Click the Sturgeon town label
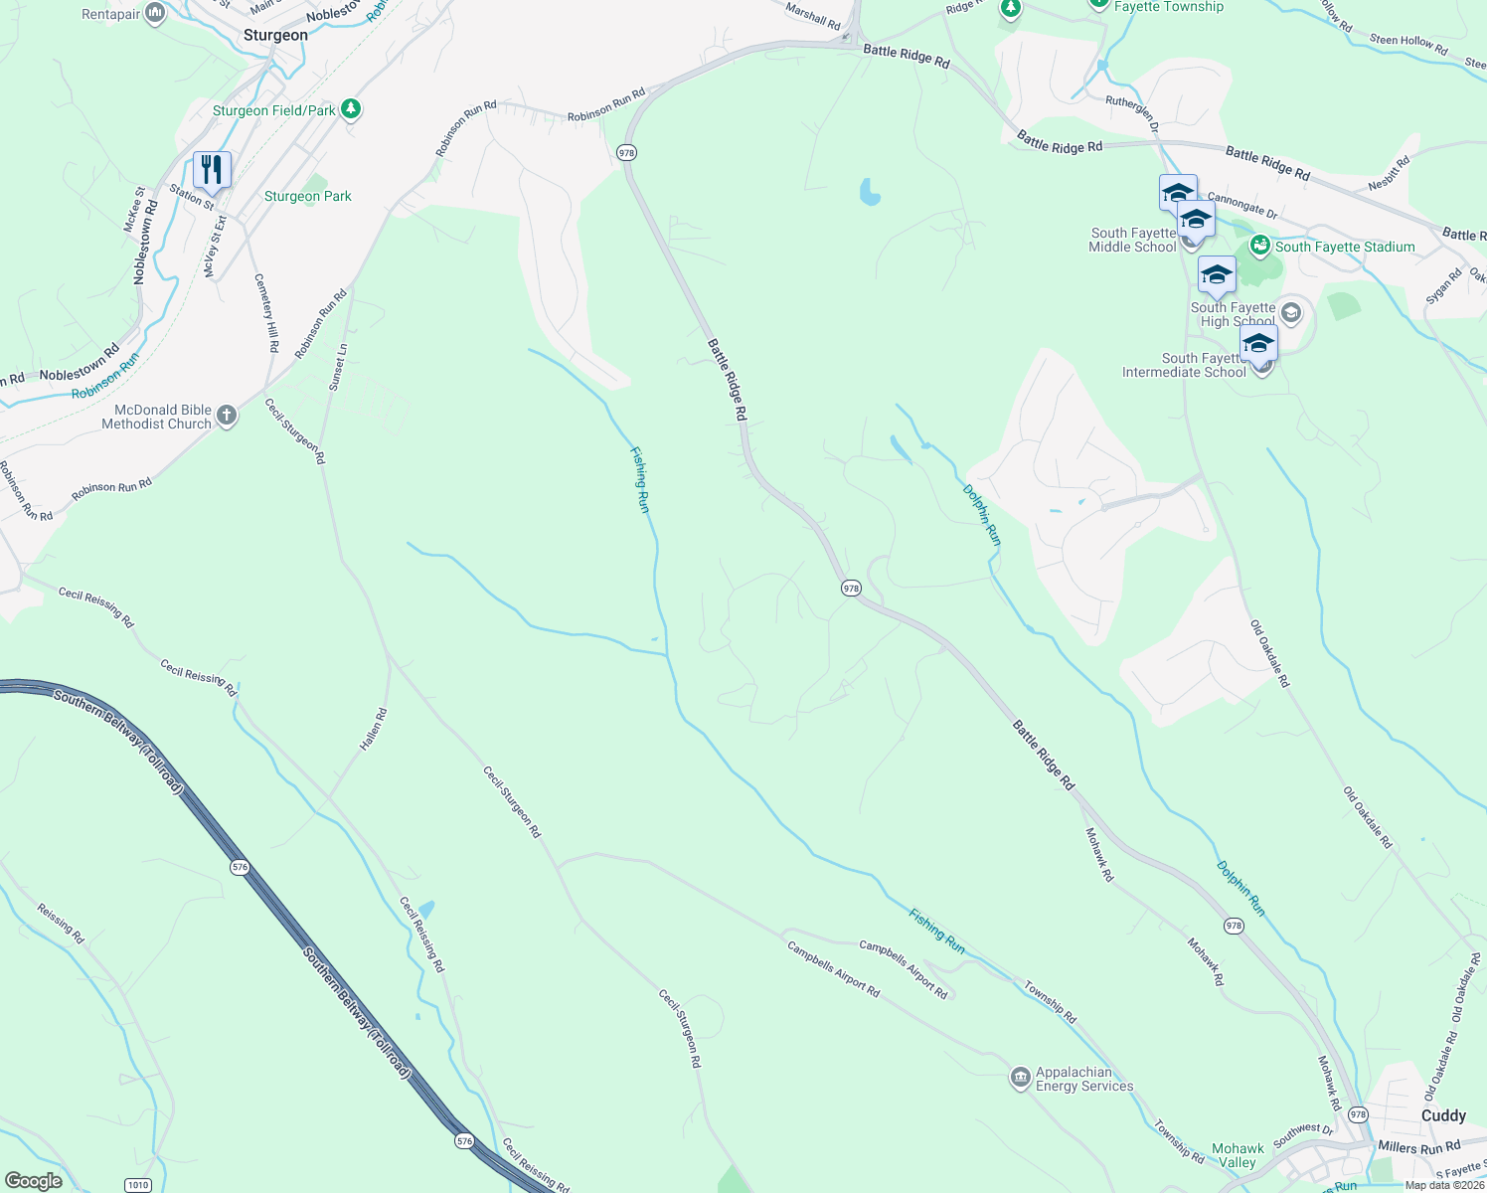click(x=275, y=36)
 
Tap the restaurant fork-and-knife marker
click(x=212, y=170)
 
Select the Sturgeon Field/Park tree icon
click(x=350, y=108)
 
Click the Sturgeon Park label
click(x=308, y=197)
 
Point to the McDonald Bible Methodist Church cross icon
click(x=227, y=416)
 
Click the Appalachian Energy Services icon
click(x=1020, y=1078)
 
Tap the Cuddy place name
click(x=1443, y=1115)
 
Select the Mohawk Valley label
click(x=1238, y=1155)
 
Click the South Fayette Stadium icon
click(x=1260, y=245)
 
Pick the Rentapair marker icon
click(x=155, y=13)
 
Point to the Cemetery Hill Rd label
click(x=266, y=312)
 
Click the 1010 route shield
click(x=138, y=1184)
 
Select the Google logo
click(x=33, y=1181)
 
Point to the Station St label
click(x=191, y=197)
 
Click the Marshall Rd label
click(x=813, y=15)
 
